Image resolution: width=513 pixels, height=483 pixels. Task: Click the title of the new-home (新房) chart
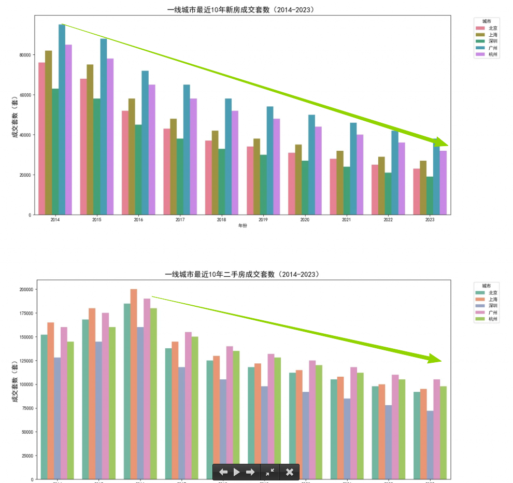(241, 10)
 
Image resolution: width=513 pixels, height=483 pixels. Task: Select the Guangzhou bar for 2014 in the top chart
(62, 119)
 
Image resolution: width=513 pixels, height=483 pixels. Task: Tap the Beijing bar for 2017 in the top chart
(167, 172)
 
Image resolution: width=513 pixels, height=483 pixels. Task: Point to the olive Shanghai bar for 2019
(257, 176)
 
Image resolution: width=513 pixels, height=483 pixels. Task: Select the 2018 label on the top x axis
(221, 220)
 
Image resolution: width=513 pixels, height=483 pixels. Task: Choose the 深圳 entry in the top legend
(490, 41)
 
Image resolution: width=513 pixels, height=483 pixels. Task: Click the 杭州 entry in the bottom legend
(490, 319)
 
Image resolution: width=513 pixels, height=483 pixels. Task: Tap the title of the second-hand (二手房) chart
(242, 274)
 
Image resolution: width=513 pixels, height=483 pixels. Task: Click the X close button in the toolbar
(290, 472)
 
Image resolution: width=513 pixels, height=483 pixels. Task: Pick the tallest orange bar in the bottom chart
(134, 383)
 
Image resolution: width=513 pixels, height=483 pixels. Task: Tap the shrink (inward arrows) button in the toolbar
(270, 472)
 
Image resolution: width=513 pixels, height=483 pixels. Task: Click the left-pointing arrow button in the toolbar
(223, 472)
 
